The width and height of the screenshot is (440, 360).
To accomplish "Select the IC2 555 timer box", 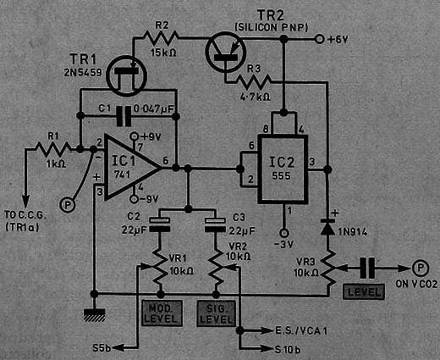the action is pyautogui.click(x=283, y=169).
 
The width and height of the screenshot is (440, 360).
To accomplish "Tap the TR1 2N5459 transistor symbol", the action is pyautogui.click(x=127, y=76).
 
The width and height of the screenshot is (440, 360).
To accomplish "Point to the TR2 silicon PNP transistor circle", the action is pyautogui.click(x=226, y=53).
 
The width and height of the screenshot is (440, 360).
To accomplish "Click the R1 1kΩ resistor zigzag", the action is pyautogui.click(x=53, y=149).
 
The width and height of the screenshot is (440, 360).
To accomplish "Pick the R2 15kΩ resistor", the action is pyautogui.click(x=161, y=37).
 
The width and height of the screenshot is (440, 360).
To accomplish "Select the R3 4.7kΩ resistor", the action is pyautogui.click(x=255, y=81).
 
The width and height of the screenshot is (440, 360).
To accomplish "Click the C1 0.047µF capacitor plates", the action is pyautogui.click(x=124, y=116).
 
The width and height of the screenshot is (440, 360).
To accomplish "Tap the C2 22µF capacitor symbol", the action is pyautogui.click(x=159, y=224).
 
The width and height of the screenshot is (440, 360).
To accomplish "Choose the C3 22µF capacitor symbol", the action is pyautogui.click(x=215, y=224).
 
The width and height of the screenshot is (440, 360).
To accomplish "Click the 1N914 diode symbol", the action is pyautogui.click(x=327, y=226).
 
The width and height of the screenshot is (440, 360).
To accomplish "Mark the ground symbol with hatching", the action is pyautogui.click(x=94, y=315).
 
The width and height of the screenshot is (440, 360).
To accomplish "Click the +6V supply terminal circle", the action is pyautogui.click(x=319, y=39).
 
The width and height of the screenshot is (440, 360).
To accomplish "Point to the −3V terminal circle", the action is pyautogui.click(x=283, y=233).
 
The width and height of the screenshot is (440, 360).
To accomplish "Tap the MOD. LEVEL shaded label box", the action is pyautogui.click(x=162, y=313).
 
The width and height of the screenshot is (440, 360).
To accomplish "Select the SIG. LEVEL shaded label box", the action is pyautogui.click(x=217, y=313).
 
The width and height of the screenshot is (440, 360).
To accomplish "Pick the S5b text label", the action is pyautogui.click(x=102, y=348).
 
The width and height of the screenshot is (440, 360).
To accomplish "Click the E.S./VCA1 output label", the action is pyautogui.click(x=301, y=330).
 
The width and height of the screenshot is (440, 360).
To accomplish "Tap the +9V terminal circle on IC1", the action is pyautogui.click(x=135, y=136).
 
